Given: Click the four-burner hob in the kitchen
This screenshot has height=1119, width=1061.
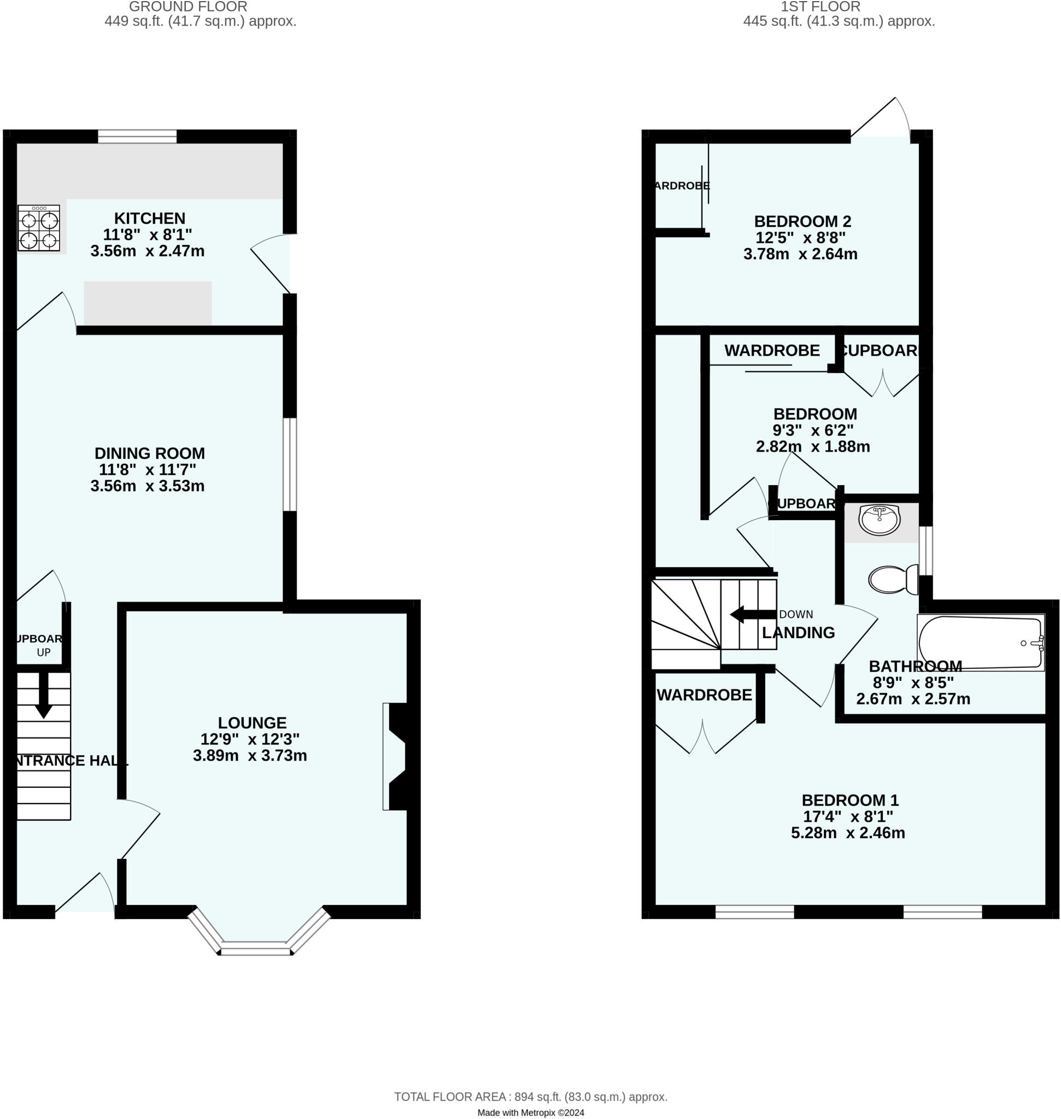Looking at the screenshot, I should coord(38,228).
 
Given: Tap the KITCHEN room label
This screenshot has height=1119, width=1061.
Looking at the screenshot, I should coord(150,218).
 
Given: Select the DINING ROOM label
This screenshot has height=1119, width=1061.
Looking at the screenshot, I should coord(150,453).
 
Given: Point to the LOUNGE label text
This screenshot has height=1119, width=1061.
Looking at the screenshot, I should coord(252,723).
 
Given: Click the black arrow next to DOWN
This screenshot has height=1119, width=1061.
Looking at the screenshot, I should coord(753,615).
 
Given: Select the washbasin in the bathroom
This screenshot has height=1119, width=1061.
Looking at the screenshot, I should coord(880,519).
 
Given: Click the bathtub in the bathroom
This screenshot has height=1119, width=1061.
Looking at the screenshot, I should coord(981,643).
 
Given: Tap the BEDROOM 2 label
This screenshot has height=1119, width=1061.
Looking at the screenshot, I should coord(802,221).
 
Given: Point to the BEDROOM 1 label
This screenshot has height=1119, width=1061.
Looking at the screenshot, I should coord(850,800).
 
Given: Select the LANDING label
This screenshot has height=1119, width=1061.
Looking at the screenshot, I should coord(798,633).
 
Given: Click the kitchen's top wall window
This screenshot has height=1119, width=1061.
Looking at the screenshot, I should coord(137,136).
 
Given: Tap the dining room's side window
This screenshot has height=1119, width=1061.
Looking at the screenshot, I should coord(290,464).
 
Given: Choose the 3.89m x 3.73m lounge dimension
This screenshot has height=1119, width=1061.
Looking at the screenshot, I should coord(250,756).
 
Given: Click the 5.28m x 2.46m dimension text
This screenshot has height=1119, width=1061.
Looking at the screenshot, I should coord(848,833).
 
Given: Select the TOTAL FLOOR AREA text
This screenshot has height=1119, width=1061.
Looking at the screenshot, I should coord(530,1097).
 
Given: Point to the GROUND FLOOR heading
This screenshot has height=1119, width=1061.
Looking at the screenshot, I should coord(188,7).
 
